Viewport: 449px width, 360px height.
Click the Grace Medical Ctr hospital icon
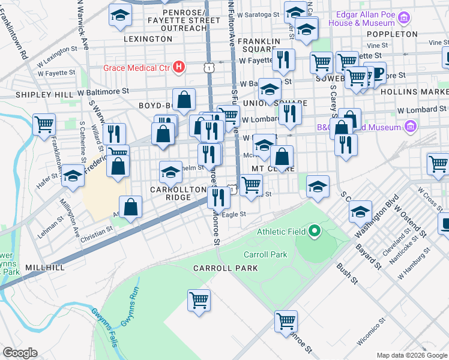pos(178,67)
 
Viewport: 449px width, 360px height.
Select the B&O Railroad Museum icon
pos(411,127)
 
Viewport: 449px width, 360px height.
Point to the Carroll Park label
pos(266,254)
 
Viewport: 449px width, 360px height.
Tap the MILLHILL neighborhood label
pos(44,266)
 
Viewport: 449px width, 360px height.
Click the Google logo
pos(20,352)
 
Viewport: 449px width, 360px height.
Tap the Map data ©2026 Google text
pos(411,355)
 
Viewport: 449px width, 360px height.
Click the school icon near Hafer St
pos(73,176)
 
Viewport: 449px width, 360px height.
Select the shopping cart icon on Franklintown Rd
pos(44,125)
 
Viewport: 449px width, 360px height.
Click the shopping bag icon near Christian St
pos(130,208)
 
